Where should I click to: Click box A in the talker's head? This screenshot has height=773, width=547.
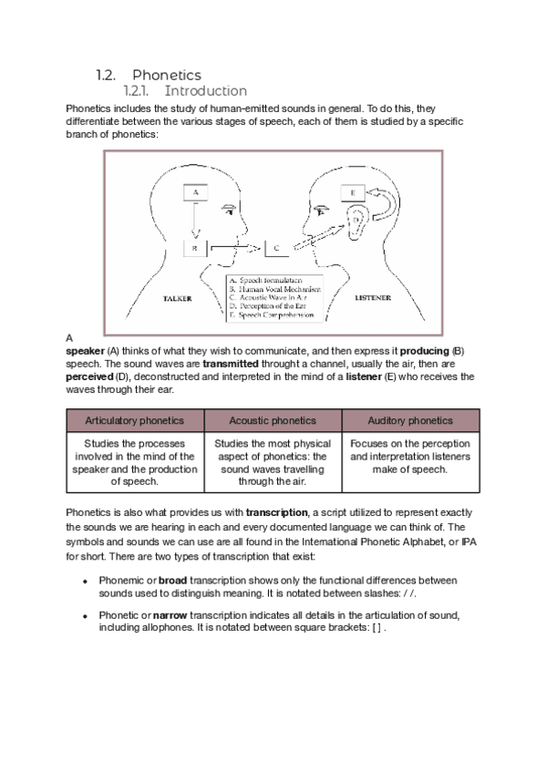[x=196, y=193]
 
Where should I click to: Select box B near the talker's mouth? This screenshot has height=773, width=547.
[x=195, y=247]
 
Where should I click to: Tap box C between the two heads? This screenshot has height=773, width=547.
[x=276, y=247]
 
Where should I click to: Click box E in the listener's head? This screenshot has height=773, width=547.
[x=353, y=193]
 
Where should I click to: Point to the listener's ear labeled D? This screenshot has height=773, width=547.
[x=358, y=221]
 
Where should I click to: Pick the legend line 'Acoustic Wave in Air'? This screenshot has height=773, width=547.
[x=270, y=297]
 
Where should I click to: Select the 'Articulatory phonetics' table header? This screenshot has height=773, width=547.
[x=134, y=421]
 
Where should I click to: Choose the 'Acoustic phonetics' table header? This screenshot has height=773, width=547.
[x=273, y=421]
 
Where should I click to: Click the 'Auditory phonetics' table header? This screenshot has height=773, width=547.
[x=409, y=421]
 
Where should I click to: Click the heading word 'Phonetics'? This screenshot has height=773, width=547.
[x=167, y=75]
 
